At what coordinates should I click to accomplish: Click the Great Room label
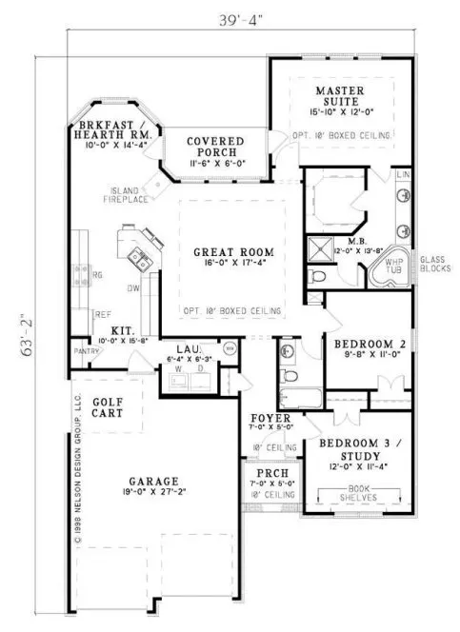click(x=234, y=252)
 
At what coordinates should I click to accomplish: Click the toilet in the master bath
click(x=320, y=276)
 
